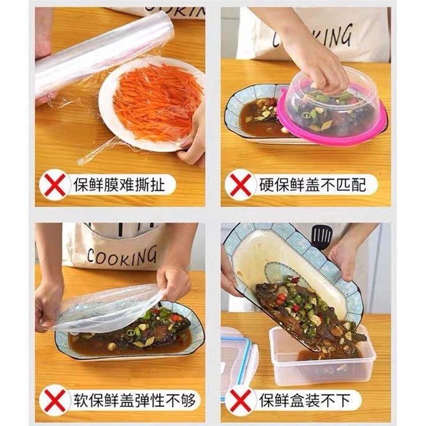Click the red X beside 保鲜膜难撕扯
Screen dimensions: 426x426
pos(55,185)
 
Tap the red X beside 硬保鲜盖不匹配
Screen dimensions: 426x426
pos(241,185)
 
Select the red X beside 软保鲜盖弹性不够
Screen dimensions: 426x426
pos(55,400)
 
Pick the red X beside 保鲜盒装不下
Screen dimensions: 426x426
pos(241,400)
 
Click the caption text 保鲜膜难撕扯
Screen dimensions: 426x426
pos(119,185)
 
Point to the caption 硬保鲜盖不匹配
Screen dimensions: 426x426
pos(312,185)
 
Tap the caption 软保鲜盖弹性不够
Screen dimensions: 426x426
pos(134,400)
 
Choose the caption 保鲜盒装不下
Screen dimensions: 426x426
pos(305,400)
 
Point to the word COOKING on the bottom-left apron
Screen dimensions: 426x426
pos(122,256)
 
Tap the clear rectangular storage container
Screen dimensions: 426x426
pos(322,356)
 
